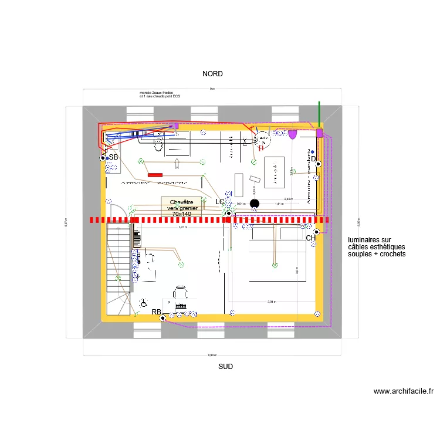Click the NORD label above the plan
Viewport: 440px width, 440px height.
pyautogui.click(x=212, y=74)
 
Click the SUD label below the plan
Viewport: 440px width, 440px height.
pyautogui.click(x=225, y=366)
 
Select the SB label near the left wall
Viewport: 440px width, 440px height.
pyautogui.click(x=113, y=157)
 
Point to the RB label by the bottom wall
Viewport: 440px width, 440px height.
pyautogui.click(x=156, y=312)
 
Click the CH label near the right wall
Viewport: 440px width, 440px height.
pyautogui.click(x=310, y=238)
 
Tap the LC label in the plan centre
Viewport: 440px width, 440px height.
pyautogui.click(x=220, y=202)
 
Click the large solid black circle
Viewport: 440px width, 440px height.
pyautogui.click(x=254, y=204)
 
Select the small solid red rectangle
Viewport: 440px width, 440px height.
pyautogui.click(x=155, y=175)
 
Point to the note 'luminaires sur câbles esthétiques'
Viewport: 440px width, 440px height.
pyautogui.click(x=377, y=247)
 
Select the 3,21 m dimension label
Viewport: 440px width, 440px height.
pyautogui.click(x=182, y=227)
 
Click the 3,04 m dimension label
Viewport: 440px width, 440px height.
pyautogui.click(x=271, y=302)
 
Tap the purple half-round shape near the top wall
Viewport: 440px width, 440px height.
pyautogui.click(x=292, y=134)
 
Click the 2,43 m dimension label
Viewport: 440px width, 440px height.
pyautogui.click(x=287, y=199)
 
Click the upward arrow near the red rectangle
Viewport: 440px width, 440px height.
pyautogui.click(x=178, y=164)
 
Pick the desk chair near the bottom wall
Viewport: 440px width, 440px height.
pyautogui.click(x=180, y=292)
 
